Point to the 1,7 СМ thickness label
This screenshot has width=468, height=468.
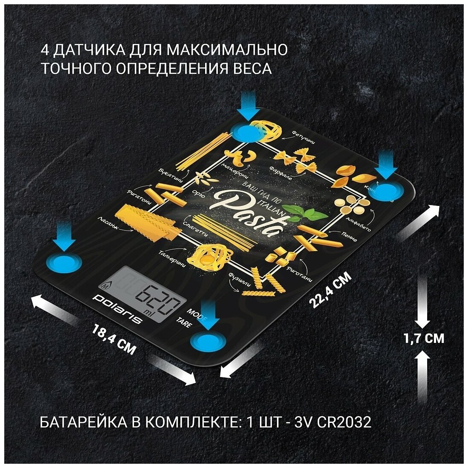tap(424, 338)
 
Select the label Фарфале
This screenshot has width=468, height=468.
tap(280, 175)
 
